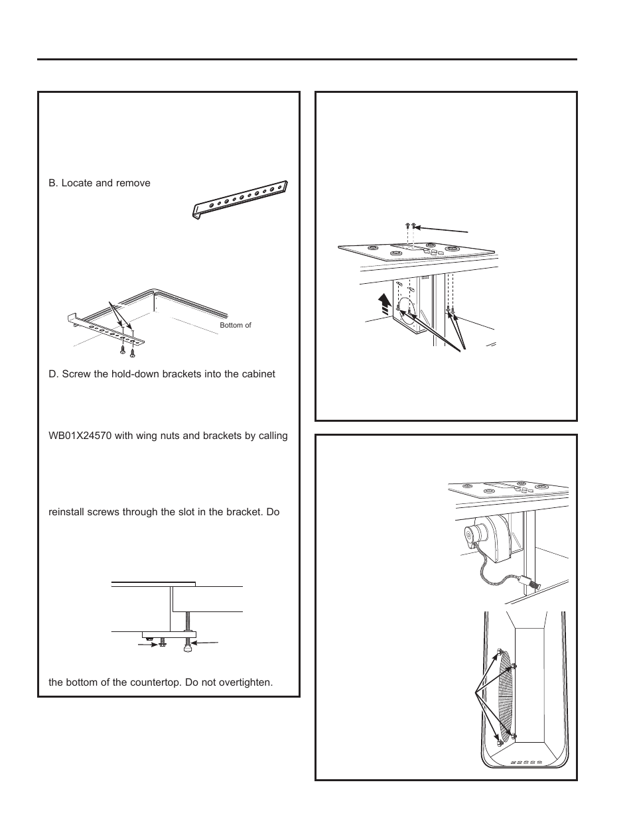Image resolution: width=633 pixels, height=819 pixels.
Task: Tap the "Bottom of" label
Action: [x=236, y=325]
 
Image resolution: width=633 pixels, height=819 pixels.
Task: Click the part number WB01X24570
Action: [x=84, y=436]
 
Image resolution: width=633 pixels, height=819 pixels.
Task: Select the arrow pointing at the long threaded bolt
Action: [x=208, y=642]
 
